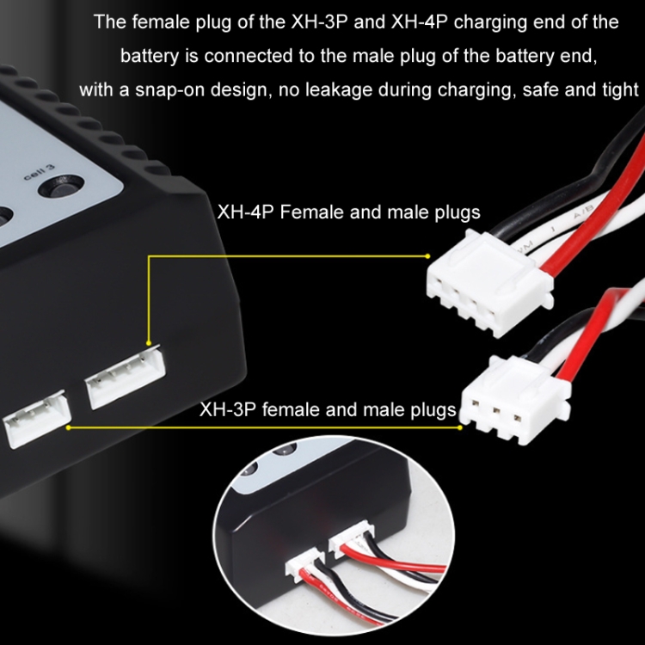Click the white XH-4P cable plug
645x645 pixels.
point(489,284)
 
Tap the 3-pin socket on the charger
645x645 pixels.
point(37,417)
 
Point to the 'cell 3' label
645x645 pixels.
point(39,172)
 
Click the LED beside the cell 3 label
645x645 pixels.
point(61,186)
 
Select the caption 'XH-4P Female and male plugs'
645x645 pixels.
point(348,212)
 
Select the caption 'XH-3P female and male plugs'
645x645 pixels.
point(328,409)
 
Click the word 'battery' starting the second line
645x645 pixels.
point(150,56)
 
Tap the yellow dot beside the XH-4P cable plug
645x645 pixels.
point(427,256)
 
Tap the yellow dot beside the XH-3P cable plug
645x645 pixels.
point(460,427)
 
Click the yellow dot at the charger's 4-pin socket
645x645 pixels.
point(149,342)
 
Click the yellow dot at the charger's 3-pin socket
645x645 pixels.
point(68,427)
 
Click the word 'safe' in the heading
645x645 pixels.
point(539,89)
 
